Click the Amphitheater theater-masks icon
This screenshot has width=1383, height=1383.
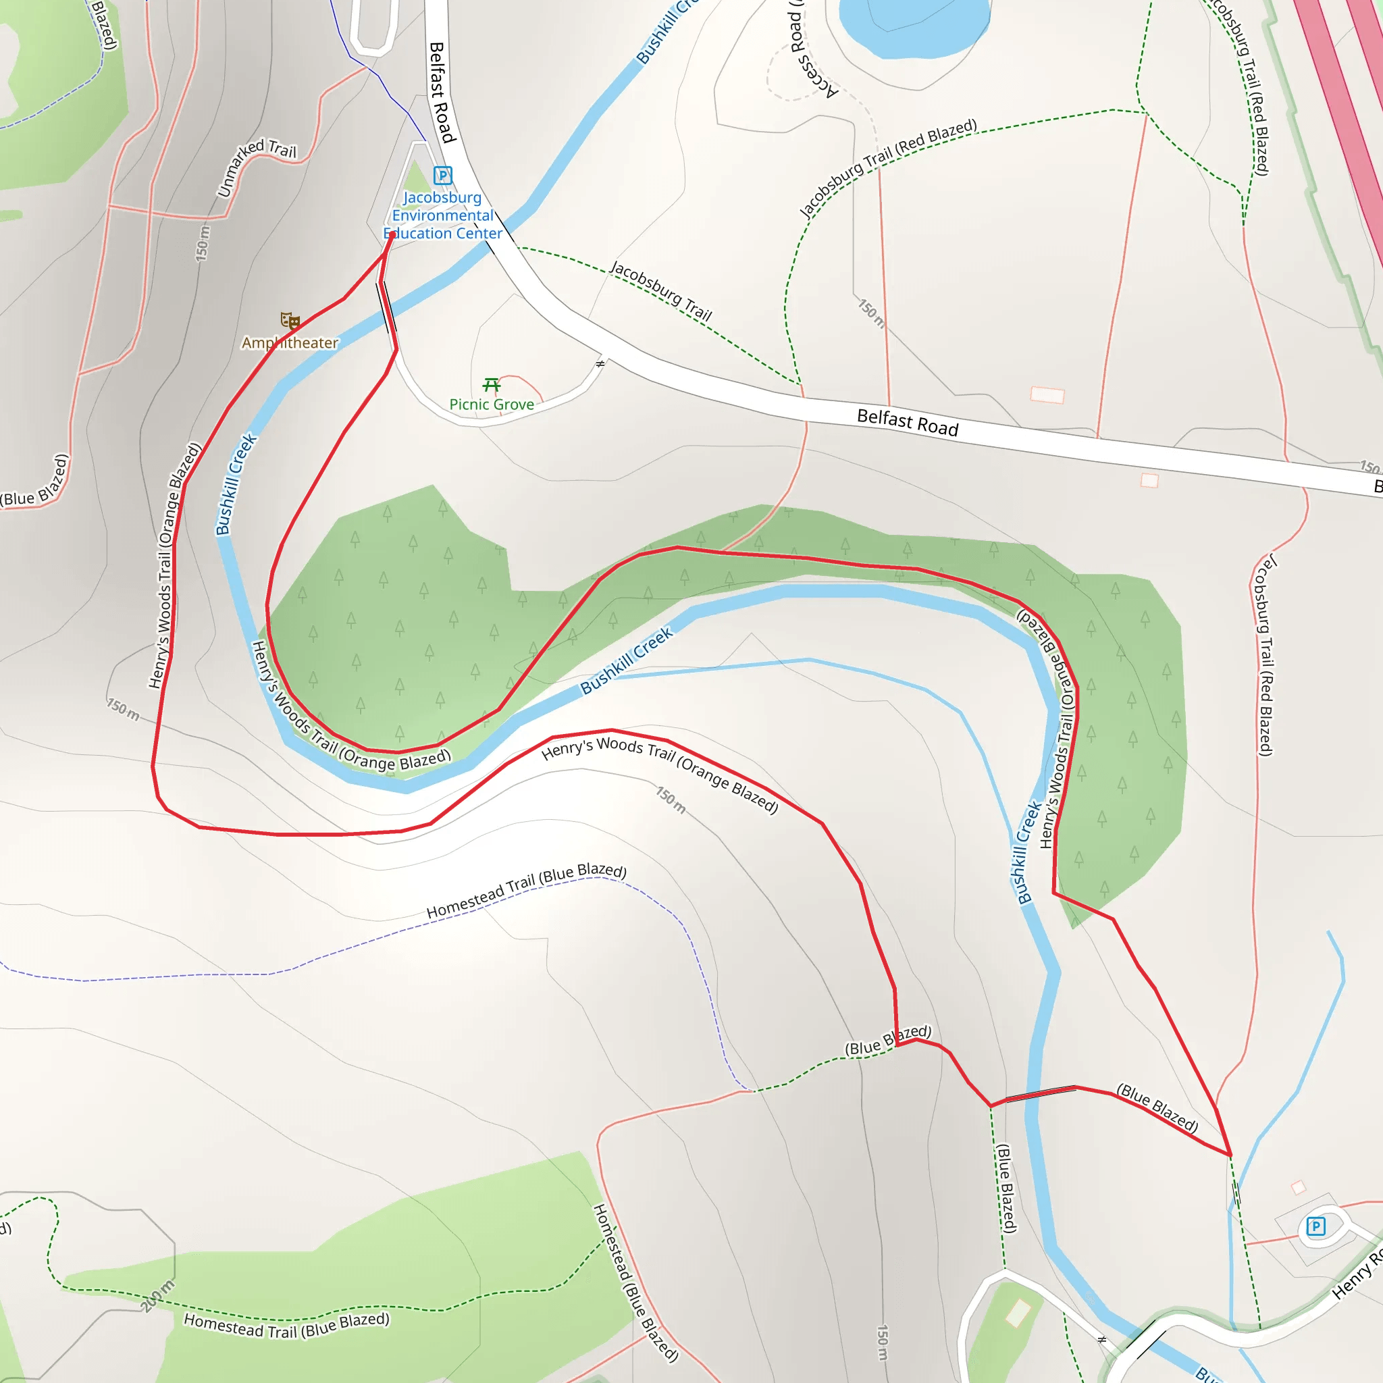(290, 320)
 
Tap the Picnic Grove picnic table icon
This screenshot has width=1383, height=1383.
(491, 385)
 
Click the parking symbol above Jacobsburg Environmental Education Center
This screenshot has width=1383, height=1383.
(442, 175)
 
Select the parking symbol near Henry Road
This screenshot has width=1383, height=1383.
(1315, 1226)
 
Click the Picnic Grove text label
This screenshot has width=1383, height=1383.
(491, 405)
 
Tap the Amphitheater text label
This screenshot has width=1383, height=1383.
(289, 343)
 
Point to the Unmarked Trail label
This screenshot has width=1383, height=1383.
(255, 166)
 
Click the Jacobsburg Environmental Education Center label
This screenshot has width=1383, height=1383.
(442, 215)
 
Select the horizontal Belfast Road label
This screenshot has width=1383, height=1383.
(907, 422)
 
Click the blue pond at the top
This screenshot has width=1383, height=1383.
(914, 25)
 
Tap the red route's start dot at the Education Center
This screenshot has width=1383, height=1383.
(392, 235)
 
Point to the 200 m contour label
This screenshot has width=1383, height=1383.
(157, 1296)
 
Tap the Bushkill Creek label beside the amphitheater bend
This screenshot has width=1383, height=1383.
(236, 484)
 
